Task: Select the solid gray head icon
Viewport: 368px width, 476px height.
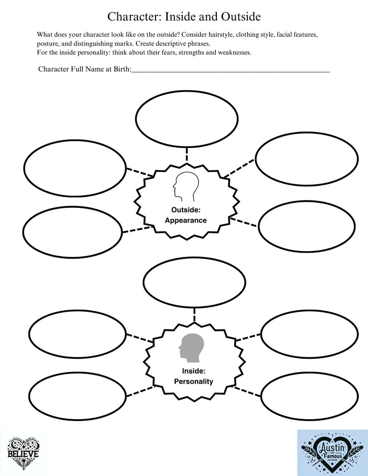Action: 191,347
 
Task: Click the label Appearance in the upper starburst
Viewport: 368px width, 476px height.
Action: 185,221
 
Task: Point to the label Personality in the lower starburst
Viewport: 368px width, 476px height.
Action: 194,381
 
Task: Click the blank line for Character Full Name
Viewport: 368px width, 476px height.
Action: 231,70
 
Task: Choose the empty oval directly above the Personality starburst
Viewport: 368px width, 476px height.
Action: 194,281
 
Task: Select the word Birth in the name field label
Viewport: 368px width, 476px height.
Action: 121,70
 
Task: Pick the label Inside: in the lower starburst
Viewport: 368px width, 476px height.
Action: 193,371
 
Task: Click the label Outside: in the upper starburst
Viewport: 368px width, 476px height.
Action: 185,210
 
